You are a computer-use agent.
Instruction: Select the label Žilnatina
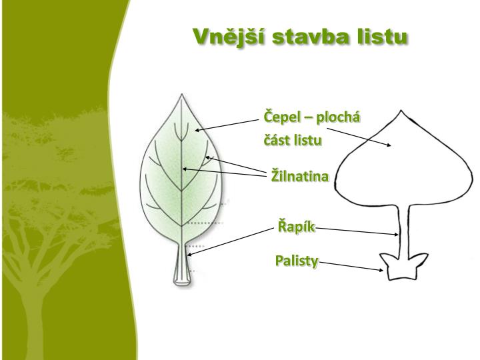300,176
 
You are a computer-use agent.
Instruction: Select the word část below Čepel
277,141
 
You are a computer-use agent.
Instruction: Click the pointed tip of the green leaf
180,97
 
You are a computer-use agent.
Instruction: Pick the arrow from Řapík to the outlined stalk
357,231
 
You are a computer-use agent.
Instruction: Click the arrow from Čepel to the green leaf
227,125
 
